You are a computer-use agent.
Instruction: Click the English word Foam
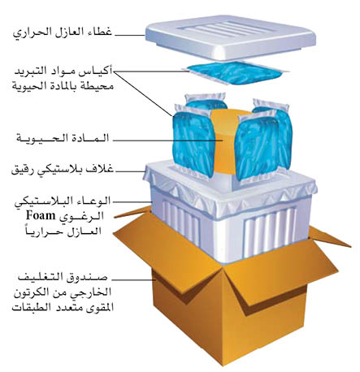click(x=41, y=216)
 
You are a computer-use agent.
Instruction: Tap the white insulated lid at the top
click(x=231, y=38)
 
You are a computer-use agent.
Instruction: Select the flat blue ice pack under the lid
click(x=235, y=72)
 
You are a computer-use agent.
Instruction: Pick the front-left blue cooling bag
click(x=193, y=141)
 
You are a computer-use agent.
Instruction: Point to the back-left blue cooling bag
click(x=206, y=102)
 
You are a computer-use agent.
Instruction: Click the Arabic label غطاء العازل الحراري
click(x=62, y=32)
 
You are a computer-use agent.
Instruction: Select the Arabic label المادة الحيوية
click(x=63, y=138)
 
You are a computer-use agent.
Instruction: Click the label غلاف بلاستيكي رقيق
click(x=63, y=170)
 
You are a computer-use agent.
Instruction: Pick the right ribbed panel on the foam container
click(x=270, y=232)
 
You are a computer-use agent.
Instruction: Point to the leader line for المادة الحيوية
click(x=167, y=141)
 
